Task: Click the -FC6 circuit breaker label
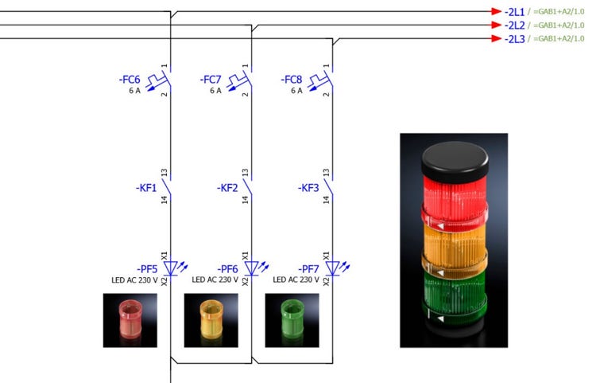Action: [x=130, y=80]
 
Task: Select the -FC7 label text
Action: [x=211, y=80]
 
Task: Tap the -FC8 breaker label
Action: [x=291, y=80]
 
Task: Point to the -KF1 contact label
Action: [x=146, y=188]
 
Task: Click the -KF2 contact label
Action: [x=227, y=188]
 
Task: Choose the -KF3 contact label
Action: [x=308, y=188]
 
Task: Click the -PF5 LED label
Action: [x=147, y=269]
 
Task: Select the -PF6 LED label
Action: [x=228, y=269]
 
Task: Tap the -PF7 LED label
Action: [x=308, y=269]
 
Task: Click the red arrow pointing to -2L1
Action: [x=496, y=11]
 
